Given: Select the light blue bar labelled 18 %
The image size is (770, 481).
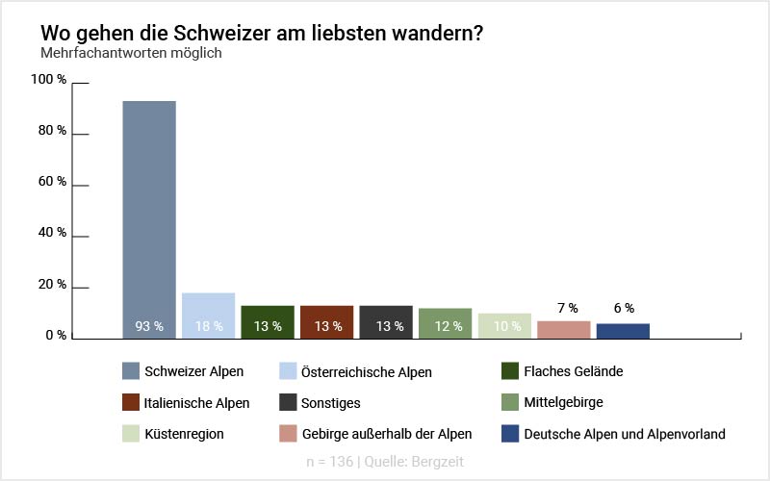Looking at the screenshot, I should pyautogui.click(x=208, y=314).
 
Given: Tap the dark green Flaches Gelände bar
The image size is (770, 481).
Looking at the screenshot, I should pyautogui.click(x=268, y=320).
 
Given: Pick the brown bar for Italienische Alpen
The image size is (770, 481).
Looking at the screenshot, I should pyautogui.click(x=327, y=320).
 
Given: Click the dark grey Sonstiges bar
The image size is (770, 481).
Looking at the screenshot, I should pyautogui.click(x=386, y=320).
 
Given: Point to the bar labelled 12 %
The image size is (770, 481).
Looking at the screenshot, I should pyautogui.click(x=446, y=322).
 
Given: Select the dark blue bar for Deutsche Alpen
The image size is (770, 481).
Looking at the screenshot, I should pyautogui.click(x=623, y=331).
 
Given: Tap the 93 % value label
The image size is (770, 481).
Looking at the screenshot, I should pyautogui.click(x=149, y=326).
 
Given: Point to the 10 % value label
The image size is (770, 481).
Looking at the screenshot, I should pyautogui.click(x=505, y=326).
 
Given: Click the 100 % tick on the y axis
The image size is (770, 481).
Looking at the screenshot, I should pyautogui.click(x=49, y=80).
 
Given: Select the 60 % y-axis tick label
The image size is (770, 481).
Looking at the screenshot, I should pyautogui.click(x=52, y=182).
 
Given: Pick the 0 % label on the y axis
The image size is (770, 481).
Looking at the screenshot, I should pyautogui.click(x=55, y=336).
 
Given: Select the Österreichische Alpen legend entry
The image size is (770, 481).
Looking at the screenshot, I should pyautogui.click(x=366, y=371).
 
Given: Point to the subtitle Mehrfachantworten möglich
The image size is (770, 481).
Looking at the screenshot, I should pyautogui.click(x=131, y=53).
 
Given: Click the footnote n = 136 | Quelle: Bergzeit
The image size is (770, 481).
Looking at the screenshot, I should pyautogui.click(x=385, y=462).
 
